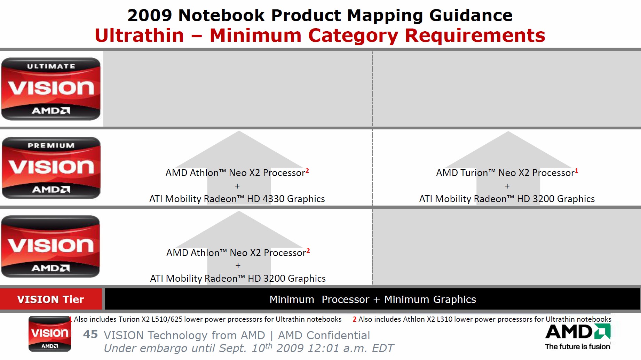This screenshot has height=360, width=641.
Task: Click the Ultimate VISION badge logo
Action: pos(51,89)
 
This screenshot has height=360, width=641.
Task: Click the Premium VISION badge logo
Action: pos(51,168)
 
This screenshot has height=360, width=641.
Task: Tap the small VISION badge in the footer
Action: pos(49,334)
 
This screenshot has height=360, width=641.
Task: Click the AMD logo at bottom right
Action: pos(578,332)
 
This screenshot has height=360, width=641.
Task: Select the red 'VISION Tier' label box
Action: pos(51,299)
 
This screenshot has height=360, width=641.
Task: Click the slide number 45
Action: pos(90,335)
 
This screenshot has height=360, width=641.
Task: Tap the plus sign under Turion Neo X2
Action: pos(507,186)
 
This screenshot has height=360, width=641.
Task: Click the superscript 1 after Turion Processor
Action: pos(577,170)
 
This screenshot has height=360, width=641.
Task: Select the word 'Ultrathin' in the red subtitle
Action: pos(139,35)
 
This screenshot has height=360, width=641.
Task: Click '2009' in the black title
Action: pos(150,15)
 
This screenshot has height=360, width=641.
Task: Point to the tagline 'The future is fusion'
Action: pos(578,347)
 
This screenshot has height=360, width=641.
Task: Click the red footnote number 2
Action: pos(354,319)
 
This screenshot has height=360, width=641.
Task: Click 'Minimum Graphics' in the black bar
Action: pos(430,299)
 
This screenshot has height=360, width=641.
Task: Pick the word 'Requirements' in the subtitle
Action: pos(475,35)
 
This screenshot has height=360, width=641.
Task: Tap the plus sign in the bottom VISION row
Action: pos(238,266)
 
